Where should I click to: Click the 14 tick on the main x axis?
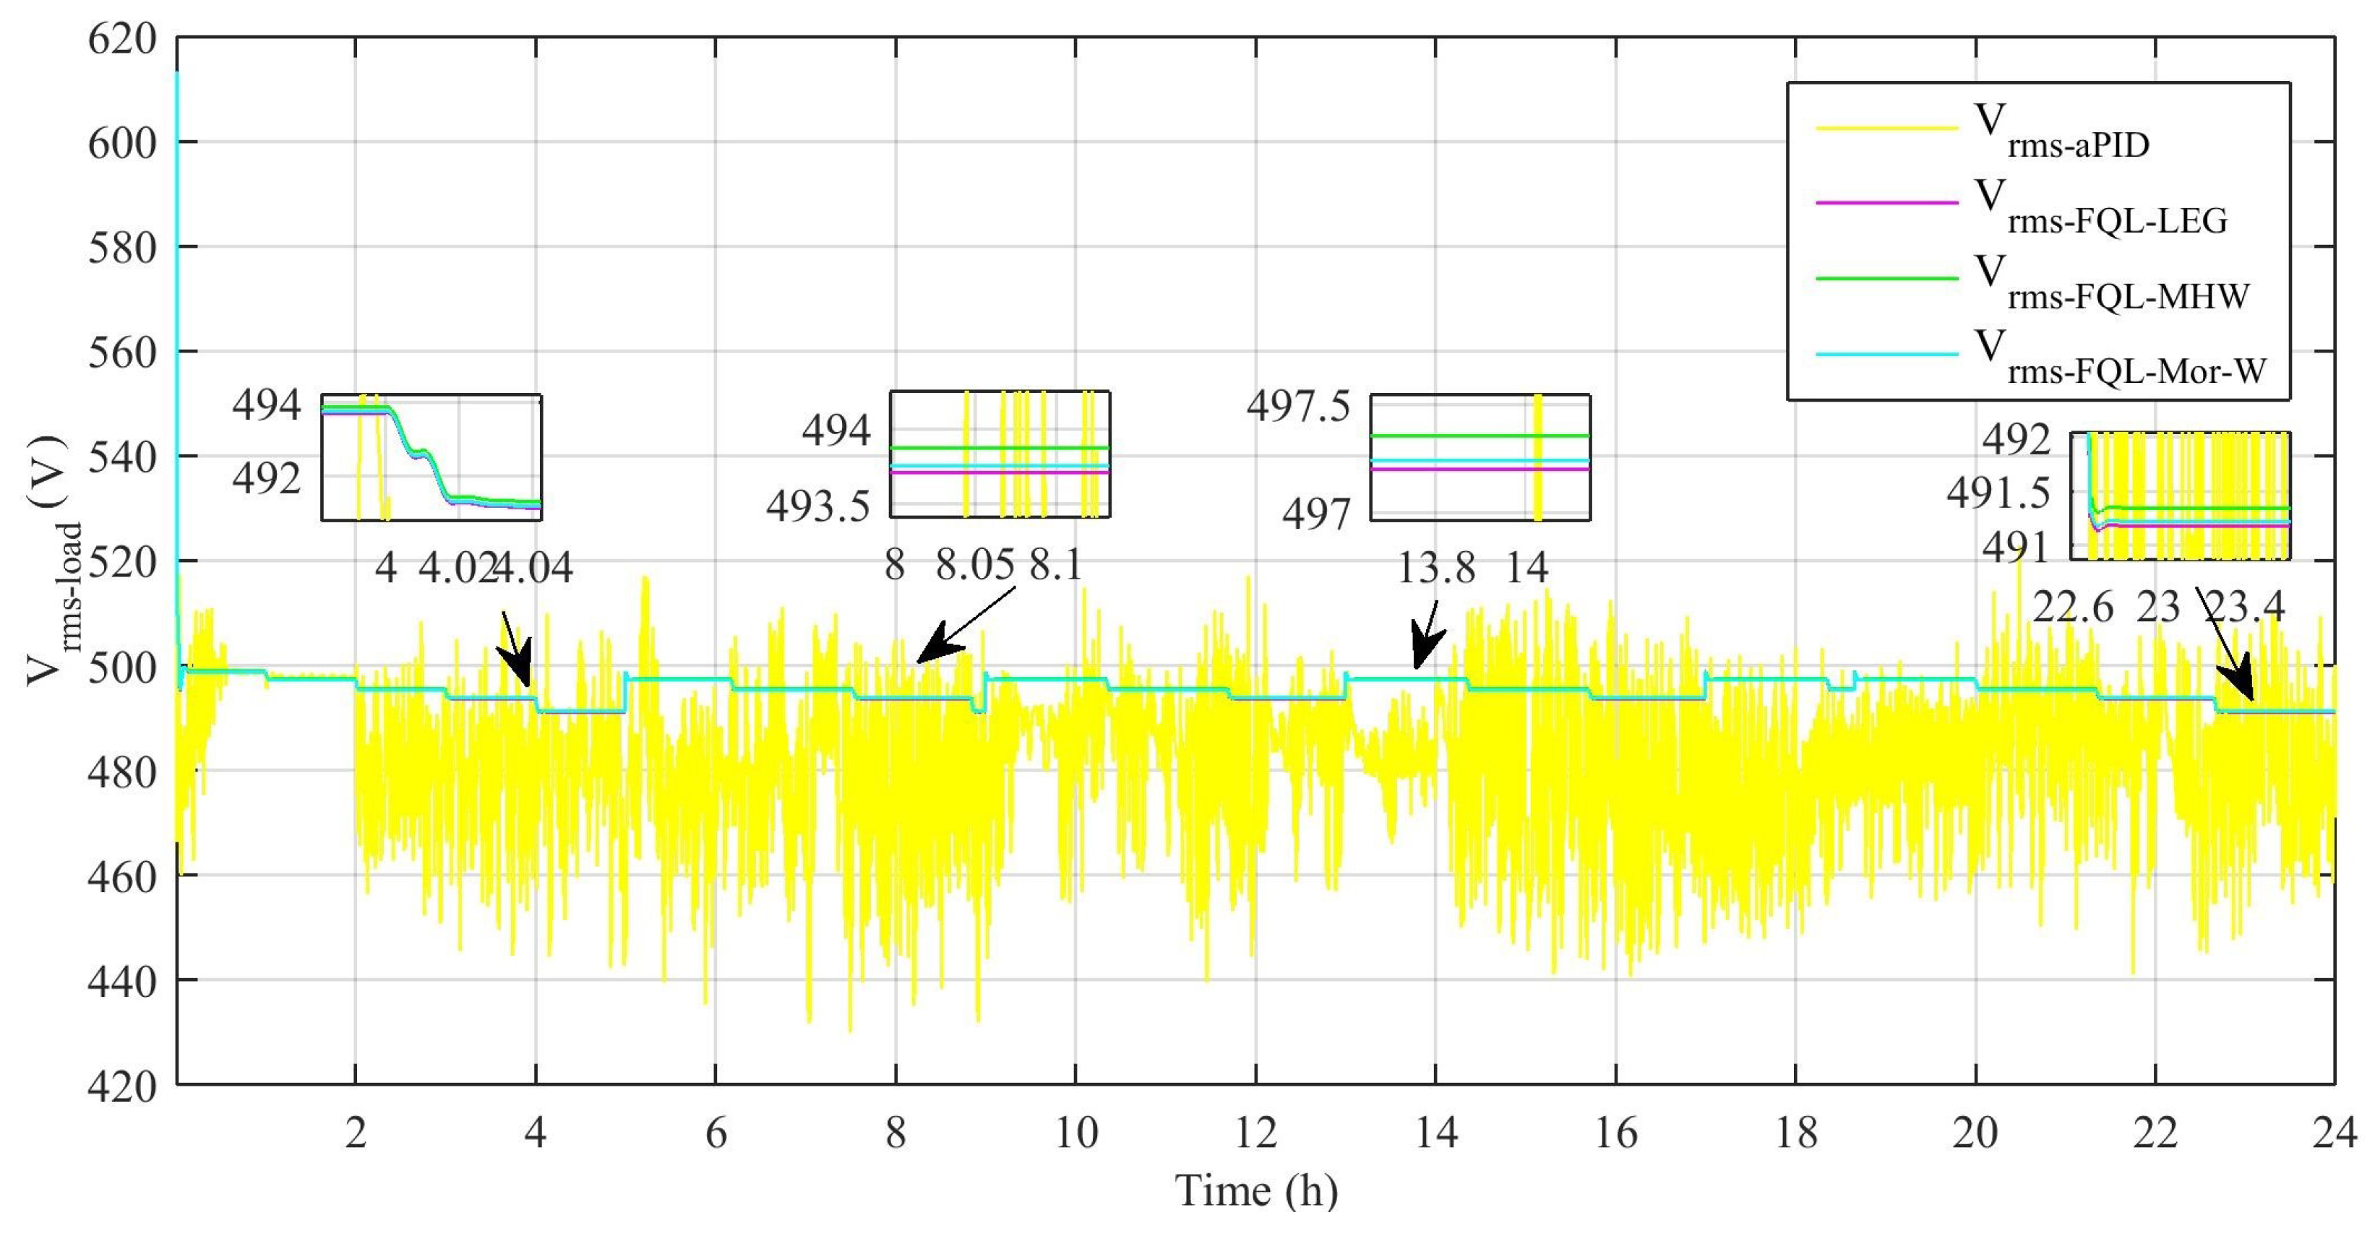[x=1435, y=1132]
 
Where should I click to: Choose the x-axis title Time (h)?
[x=1255, y=1190]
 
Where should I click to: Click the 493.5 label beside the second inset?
[x=817, y=506]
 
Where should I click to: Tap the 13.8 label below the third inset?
[x=1435, y=568]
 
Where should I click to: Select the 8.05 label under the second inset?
[x=974, y=565]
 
